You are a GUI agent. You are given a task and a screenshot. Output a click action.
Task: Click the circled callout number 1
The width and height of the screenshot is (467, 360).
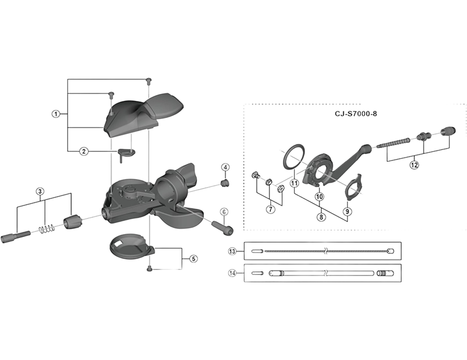(x=55, y=114)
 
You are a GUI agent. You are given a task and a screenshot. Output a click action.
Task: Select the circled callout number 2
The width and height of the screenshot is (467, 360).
(x=83, y=151)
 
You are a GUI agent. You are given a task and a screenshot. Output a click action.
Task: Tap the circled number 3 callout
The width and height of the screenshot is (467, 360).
(x=40, y=191)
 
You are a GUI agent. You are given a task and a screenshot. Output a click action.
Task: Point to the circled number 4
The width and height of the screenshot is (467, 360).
(x=225, y=167)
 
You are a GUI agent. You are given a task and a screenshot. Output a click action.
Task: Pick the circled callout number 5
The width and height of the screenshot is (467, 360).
(x=193, y=258)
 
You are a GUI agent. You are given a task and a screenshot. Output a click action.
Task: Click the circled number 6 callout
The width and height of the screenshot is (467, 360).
(x=224, y=212)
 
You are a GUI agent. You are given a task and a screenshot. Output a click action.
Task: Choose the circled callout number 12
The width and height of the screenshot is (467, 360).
(x=414, y=165)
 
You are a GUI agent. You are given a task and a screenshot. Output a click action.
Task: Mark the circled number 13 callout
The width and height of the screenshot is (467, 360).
(x=232, y=251)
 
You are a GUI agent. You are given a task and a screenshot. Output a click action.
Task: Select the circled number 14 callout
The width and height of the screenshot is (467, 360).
(x=232, y=272)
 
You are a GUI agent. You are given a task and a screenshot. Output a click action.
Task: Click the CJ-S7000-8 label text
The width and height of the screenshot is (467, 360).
(x=356, y=114)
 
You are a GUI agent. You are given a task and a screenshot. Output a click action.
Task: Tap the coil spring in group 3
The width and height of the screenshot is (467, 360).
(x=47, y=228)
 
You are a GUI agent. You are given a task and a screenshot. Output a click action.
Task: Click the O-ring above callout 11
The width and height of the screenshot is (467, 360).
(x=293, y=157)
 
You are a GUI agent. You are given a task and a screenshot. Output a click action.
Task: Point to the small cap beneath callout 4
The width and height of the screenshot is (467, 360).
(x=225, y=183)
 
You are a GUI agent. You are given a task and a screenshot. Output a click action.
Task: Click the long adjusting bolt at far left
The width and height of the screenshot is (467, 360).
(x=16, y=236)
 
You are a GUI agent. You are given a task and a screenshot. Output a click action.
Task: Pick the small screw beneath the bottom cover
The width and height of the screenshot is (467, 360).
(x=149, y=269)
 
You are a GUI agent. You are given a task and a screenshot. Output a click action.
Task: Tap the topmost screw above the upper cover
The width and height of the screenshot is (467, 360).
(x=148, y=80)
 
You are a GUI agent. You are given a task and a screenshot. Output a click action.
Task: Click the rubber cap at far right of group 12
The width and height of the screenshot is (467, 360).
(x=448, y=131)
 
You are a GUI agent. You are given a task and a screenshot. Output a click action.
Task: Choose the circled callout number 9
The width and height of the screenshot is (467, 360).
(x=347, y=211)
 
